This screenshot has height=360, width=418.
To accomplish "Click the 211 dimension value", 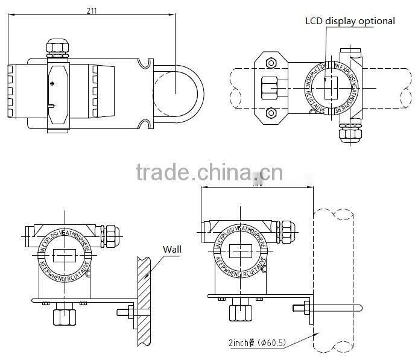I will click(x=91, y=10).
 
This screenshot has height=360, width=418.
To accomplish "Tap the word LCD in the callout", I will click(x=313, y=21).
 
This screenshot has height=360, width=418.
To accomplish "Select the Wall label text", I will click(x=172, y=248).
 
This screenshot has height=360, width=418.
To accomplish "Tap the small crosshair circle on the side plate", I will click(x=52, y=84).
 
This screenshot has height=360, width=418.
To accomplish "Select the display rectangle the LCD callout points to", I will click(x=329, y=88).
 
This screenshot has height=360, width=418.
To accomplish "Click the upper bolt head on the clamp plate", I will click(x=270, y=62).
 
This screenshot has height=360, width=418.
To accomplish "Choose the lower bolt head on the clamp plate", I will click(x=270, y=112).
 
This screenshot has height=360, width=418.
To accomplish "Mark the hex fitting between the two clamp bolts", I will click(x=268, y=88).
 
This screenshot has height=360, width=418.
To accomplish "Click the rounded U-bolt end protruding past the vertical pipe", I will click(x=359, y=308).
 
